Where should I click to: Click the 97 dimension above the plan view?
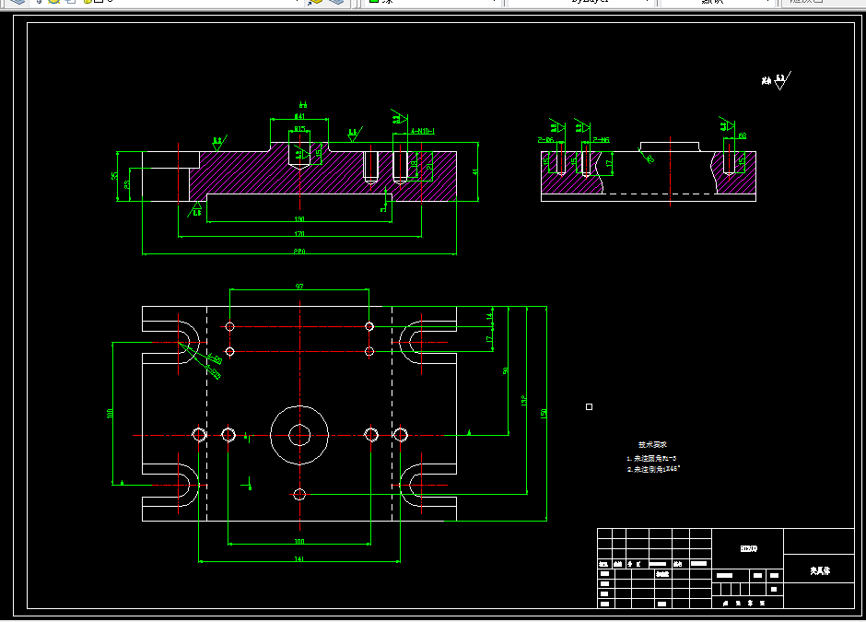pyautogui.click(x=299, y=287)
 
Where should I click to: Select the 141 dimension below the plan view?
pyautogui.click(x=299, y=558)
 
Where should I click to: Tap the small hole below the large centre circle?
pyautogui.click(x=298, y=494)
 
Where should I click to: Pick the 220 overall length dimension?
pyautogui.click(x=299, y=251)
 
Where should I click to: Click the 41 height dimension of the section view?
pyautogui.click(x=475, y=171)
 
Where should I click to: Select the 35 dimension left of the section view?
pyautogui.click(x=115, y=175)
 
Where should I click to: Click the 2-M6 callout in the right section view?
pyautogui.click(x=601, y=139)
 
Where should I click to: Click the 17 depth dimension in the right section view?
pyautogui.click(x=609, y=163)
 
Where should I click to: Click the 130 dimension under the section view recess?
pyautogui.click(x=299, y=219)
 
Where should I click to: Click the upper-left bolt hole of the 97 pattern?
pyautogui.click(x=229, y=326)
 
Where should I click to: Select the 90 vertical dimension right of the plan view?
pyautogui.click(x=506, y=370)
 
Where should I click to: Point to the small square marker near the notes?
pyautogui.click(x=590, y=406)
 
